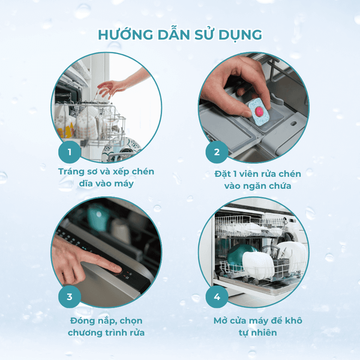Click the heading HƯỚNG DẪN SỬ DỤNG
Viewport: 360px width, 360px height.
[x=180, y=35]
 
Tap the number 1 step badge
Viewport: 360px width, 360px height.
[x=70, y=152]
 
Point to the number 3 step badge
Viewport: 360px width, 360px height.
[x=70, y=296]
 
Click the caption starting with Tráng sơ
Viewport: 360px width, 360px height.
[x=106, y=178]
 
